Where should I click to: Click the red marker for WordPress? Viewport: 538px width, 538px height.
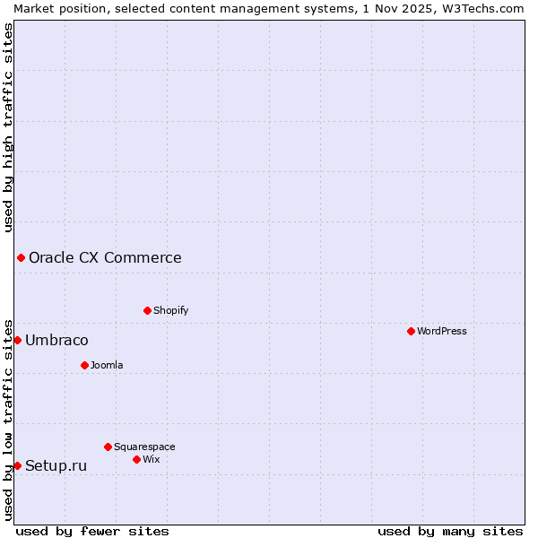click(x=411, y=331)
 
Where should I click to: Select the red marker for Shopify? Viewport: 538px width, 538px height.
click(x=147, y=310)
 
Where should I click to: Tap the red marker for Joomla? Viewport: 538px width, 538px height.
click(x=84, y=365)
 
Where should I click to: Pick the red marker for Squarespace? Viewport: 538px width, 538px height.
click(x=108, y=447)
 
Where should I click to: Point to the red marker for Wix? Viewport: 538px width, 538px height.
click(x=136, y=459)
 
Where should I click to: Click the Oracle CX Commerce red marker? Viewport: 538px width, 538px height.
click(x=21, y=257)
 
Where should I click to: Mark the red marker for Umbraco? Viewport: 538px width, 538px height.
click(x=17, y=340)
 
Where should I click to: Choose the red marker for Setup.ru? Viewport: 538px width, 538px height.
click(x=17, y=465)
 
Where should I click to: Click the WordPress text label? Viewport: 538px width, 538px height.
click(x=442, y=331)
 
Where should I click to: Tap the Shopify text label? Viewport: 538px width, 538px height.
click(x=170, y=310)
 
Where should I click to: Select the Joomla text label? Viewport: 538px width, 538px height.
click(x=107, y=365)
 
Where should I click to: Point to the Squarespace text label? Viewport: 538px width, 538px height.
click(x=144, y=447)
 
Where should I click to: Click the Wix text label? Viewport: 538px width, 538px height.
click(x=151, y=459)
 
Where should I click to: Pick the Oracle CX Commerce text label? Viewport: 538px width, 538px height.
click(x=105, y=258)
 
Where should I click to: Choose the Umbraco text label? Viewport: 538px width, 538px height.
click(x=56, y=341)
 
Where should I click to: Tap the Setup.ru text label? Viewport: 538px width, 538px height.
click(x=56, y=466)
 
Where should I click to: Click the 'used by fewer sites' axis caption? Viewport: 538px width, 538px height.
click(x=92, y=531)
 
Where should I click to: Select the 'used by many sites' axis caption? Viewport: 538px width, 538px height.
click(x=450, y=531)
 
